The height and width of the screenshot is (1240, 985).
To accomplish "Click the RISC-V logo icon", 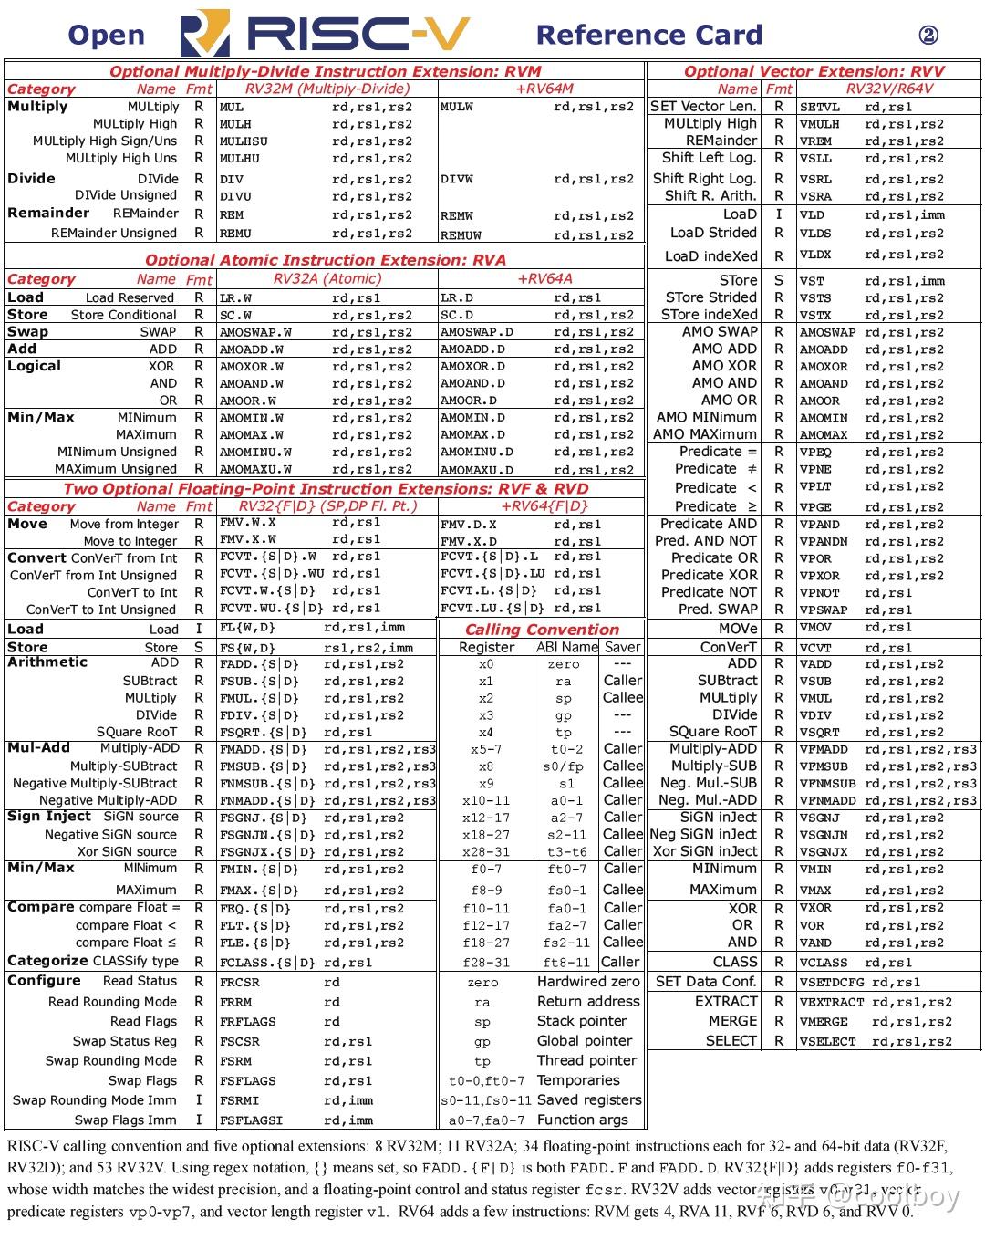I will pyautogui.click(x=204, y=35).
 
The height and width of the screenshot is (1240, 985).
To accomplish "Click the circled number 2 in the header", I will pyautogui.click(x=928, y=36).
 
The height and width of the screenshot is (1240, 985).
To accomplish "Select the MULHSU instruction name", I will pyautogui.click(x=244, y=141).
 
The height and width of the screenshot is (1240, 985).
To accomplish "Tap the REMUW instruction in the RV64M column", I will pyautogui.click(x=461, y=234).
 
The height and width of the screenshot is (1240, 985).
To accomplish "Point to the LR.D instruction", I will pyautogui.click(x=457, y=297).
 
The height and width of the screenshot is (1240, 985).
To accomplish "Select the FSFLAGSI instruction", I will pyautogui.click(x=251, y=1120).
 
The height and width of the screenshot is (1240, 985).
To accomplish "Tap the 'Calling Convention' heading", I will pyautogui.click(x=542, y=630).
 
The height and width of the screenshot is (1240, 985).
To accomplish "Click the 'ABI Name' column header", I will pyautogui.click(x=566, y=647).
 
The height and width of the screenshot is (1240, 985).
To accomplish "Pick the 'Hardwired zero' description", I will pyautogui.click(x=588, y=982).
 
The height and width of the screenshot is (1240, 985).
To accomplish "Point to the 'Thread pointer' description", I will pyautogui.click(x=586, y=1060).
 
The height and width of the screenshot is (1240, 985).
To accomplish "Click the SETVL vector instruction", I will pyautogui.click(x=820, y=107).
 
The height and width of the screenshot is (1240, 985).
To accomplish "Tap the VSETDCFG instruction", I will pyautogui.click(x=832, y=983).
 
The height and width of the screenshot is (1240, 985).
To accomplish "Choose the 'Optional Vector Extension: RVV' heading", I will pyautogui.click(x=814, y=71).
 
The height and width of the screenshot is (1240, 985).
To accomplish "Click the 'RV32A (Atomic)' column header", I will pyautogui.click(x=327, y=279).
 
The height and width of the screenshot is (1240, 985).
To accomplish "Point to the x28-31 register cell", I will pyautogui.click(x=486, y=852).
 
